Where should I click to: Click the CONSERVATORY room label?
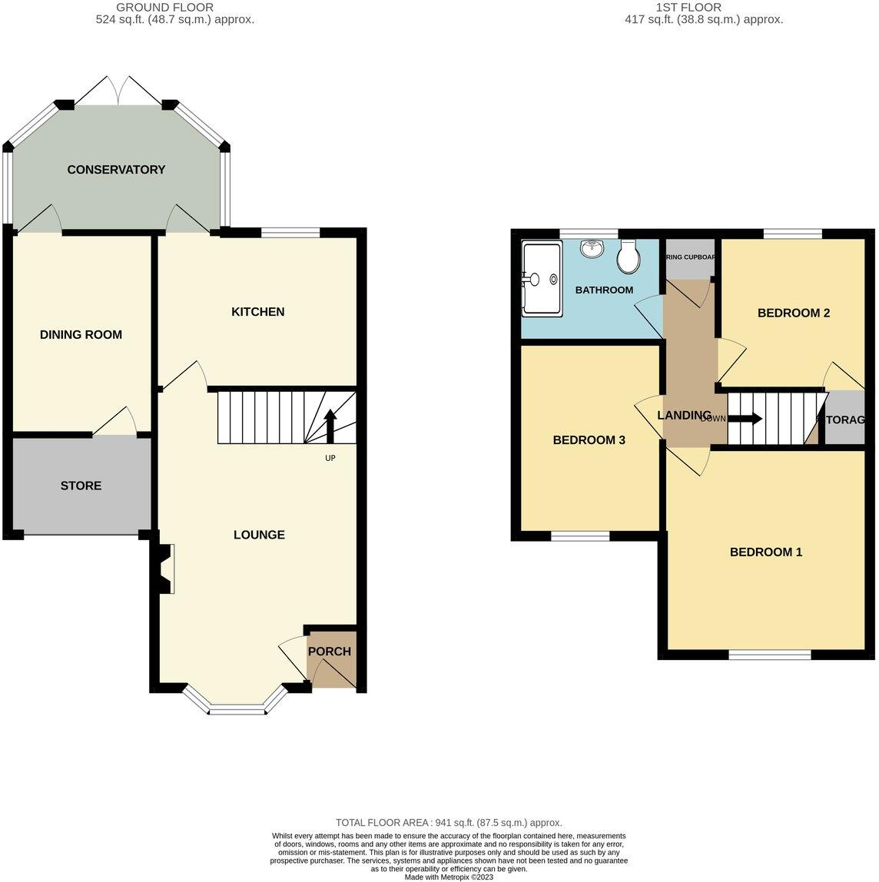point(116,170)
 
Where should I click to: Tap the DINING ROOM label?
point(81,335)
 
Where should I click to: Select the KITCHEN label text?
point(258,312)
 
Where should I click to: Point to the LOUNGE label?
point(259,535)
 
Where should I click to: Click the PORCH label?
point(330,652)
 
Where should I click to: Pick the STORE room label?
point(81,486)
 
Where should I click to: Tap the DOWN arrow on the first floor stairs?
point(744,419)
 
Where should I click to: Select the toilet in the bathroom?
point(629,257)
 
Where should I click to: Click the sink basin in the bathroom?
point(591,249)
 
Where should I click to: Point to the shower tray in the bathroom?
point(542,279)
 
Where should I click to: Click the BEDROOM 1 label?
point(765,552)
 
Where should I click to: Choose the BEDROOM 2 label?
point(793,313)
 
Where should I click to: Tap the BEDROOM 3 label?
point(589,440)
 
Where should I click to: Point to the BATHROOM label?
point(604,290)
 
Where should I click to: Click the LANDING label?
point(684,416)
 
